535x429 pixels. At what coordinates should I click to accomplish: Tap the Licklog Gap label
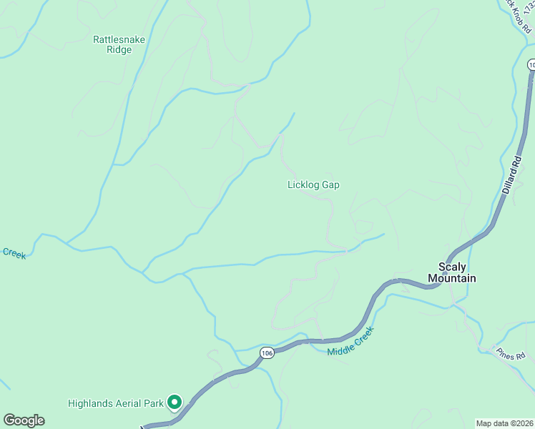[x=313, y=184]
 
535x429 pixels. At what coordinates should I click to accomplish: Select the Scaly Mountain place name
[x=452, y=272]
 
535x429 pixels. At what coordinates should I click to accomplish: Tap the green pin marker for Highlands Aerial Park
[x=174, y=403]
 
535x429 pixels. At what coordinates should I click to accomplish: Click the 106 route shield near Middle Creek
[x=267, y=352]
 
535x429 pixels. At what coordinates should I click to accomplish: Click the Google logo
[x=24, y=420]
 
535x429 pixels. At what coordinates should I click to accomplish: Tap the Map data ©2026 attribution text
[x=504, y=423]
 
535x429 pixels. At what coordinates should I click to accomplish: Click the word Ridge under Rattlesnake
[x=119, y=50]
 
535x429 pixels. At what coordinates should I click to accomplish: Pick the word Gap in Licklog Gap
[x=330, y=184]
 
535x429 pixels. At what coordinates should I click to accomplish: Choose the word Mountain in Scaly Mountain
[x=452, y=278]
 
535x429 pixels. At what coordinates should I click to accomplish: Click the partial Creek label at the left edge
[x=14, y=253]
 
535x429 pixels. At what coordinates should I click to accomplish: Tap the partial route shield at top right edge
[x=531, y=64]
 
